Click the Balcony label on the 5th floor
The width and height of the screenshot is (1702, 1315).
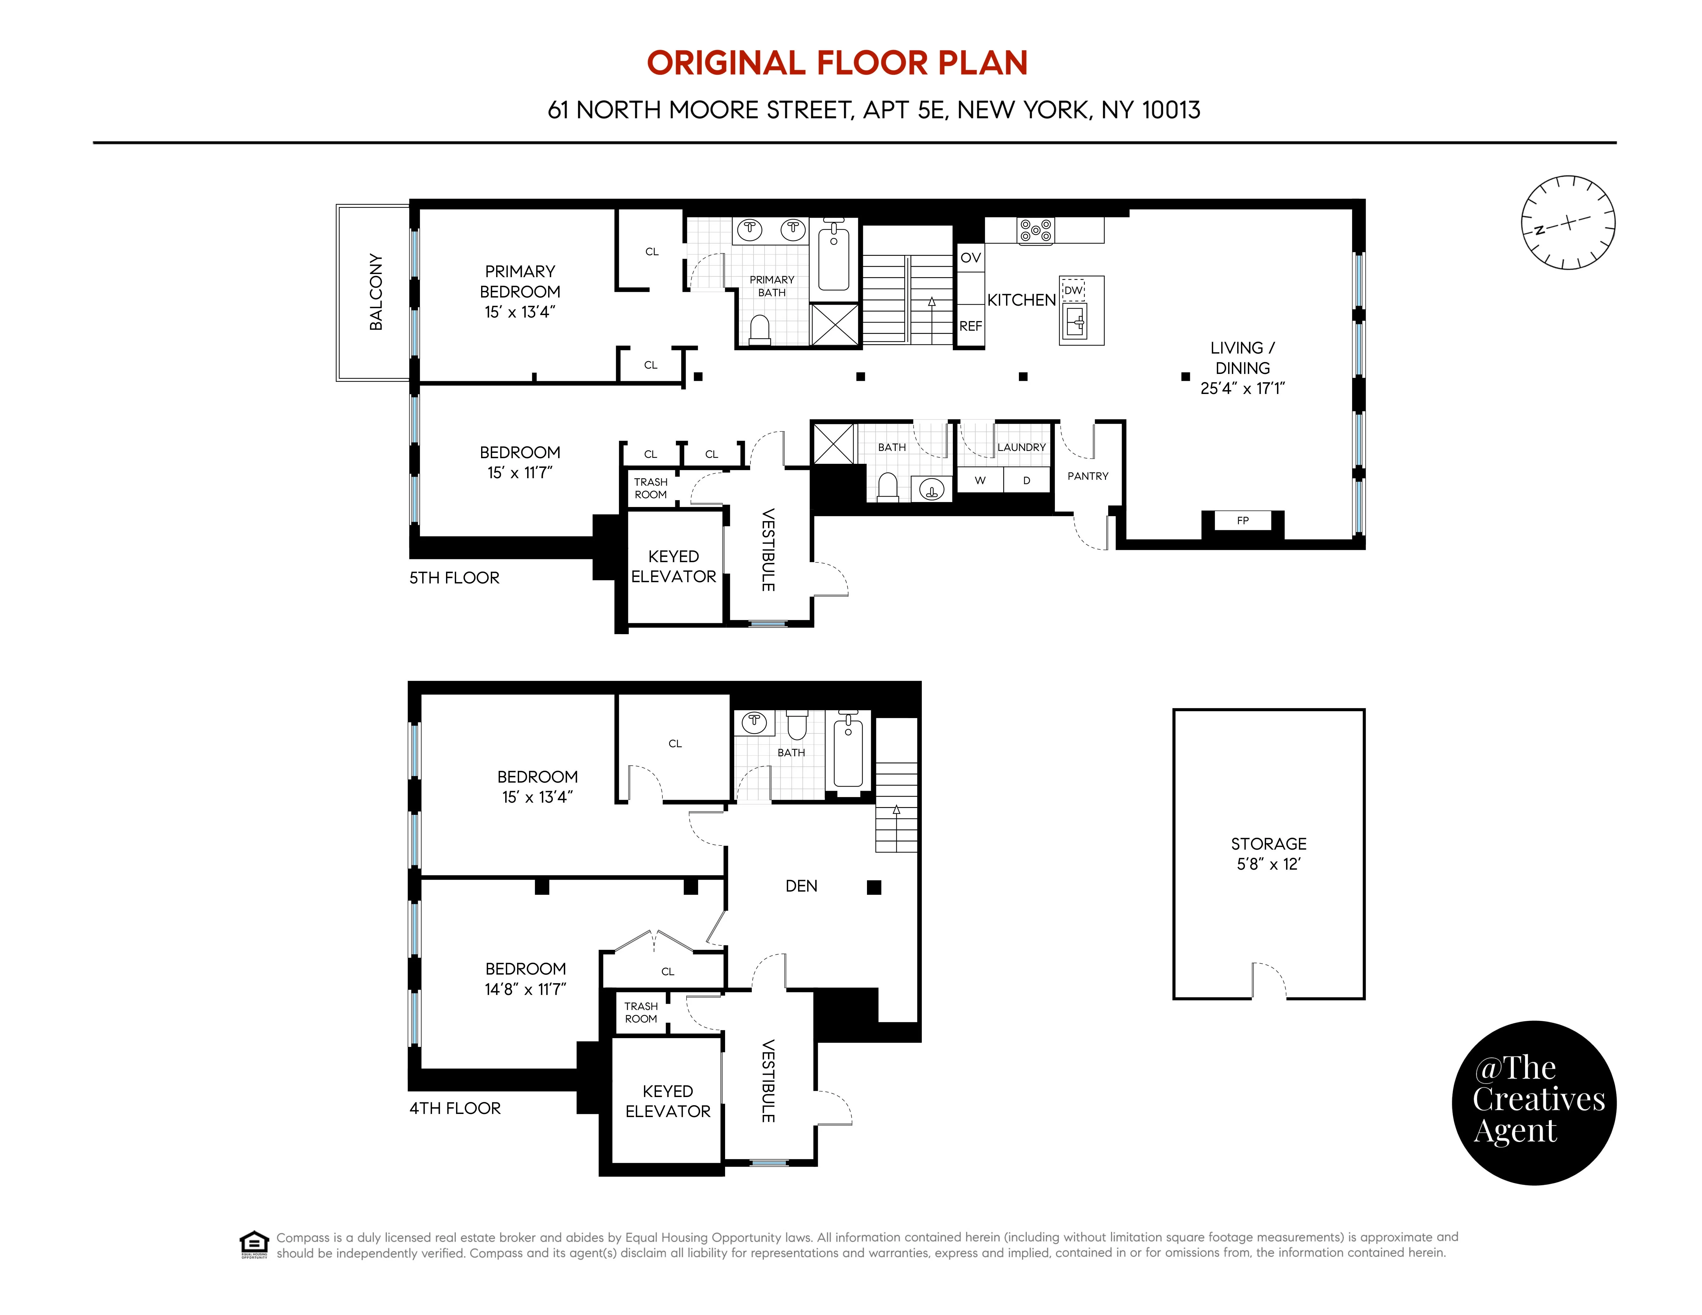[x=376, y=292]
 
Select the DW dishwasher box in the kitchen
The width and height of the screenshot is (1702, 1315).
[x=1073, y=290]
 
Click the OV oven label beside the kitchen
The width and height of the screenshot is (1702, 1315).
[x=970, y=258]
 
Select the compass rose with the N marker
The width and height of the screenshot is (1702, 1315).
[x=1568, y=223]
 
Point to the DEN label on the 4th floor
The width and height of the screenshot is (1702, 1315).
[x=801, y=886]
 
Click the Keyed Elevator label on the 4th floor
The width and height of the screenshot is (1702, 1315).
[x=668, y=1101]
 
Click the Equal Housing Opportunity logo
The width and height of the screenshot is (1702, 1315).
[x=254, y=1244]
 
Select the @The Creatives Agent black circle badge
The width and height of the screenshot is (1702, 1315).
[x=1534, y=1102]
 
